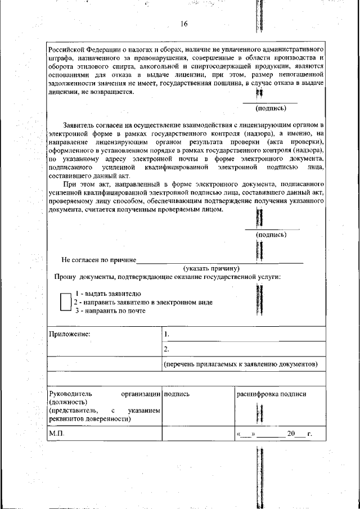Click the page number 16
coord(184,24)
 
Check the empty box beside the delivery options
coord(65,302)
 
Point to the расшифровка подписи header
coord(271,394)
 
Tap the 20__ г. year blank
coord(298,434)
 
